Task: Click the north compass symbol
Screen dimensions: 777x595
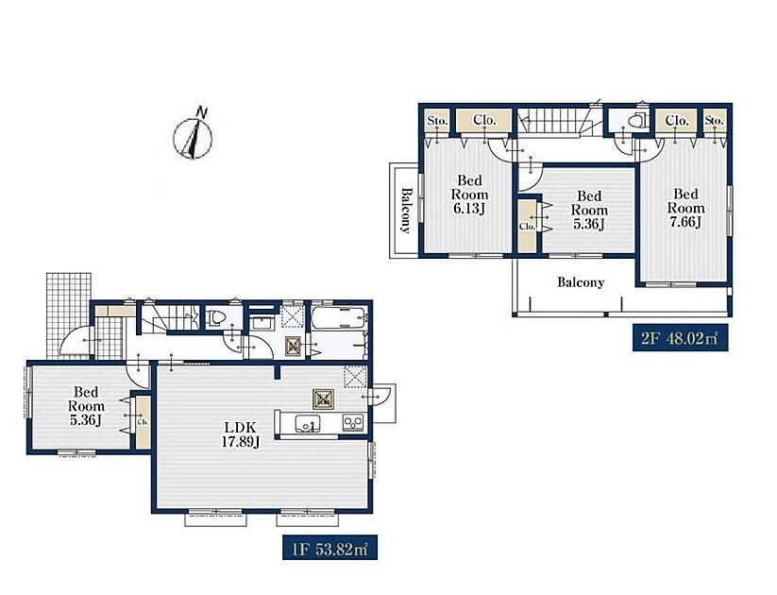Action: coord(193,135)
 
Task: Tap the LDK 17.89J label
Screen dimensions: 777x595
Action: coord(241,434)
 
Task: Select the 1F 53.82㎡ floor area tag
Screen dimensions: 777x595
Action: coord(329,548)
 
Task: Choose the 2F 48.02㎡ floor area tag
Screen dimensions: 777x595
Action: coord(680,339)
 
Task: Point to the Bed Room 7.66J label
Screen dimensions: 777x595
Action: coord(685,208)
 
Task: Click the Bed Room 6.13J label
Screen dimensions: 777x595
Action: coord(469,195)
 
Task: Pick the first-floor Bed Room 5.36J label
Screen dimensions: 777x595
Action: coord(86,406)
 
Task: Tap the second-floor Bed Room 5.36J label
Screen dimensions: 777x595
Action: coord(589,211)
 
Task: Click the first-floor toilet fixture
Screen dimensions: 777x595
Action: coord(216,317)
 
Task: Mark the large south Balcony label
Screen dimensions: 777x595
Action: coord(581,282)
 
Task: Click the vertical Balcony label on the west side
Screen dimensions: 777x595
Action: coord(406,210)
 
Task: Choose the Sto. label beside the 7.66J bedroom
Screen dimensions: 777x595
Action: coord(714,121)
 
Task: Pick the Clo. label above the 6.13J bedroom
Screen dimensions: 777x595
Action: coord(484,120)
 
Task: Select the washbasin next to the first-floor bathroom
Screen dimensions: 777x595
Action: coord(262,324)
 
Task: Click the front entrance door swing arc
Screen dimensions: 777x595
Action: coord(75,340)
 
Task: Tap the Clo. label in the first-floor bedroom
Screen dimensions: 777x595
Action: coord(144,422)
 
